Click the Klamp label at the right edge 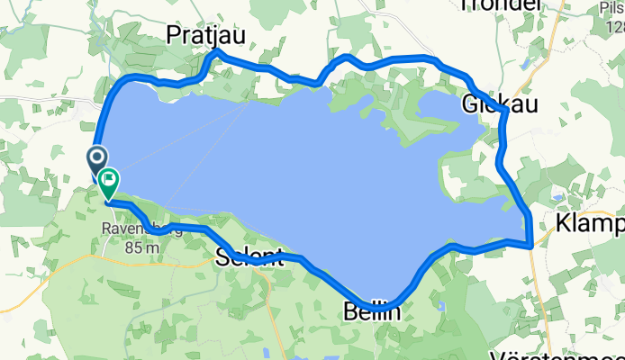[591, 222]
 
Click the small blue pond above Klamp [558, 195]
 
